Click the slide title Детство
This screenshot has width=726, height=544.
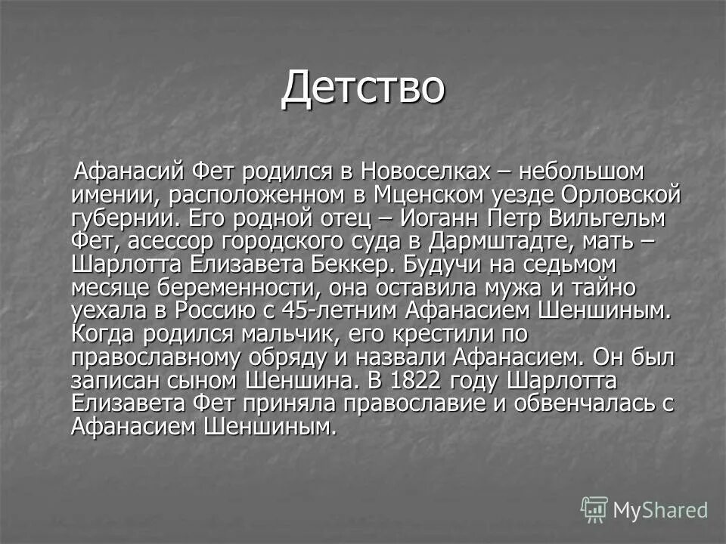pyautogui.click(x=362, y=87)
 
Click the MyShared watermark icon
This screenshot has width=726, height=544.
pyautogui.click(x=594, y=509)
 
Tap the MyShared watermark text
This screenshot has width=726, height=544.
pyautogui.click(x=660, y=510)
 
